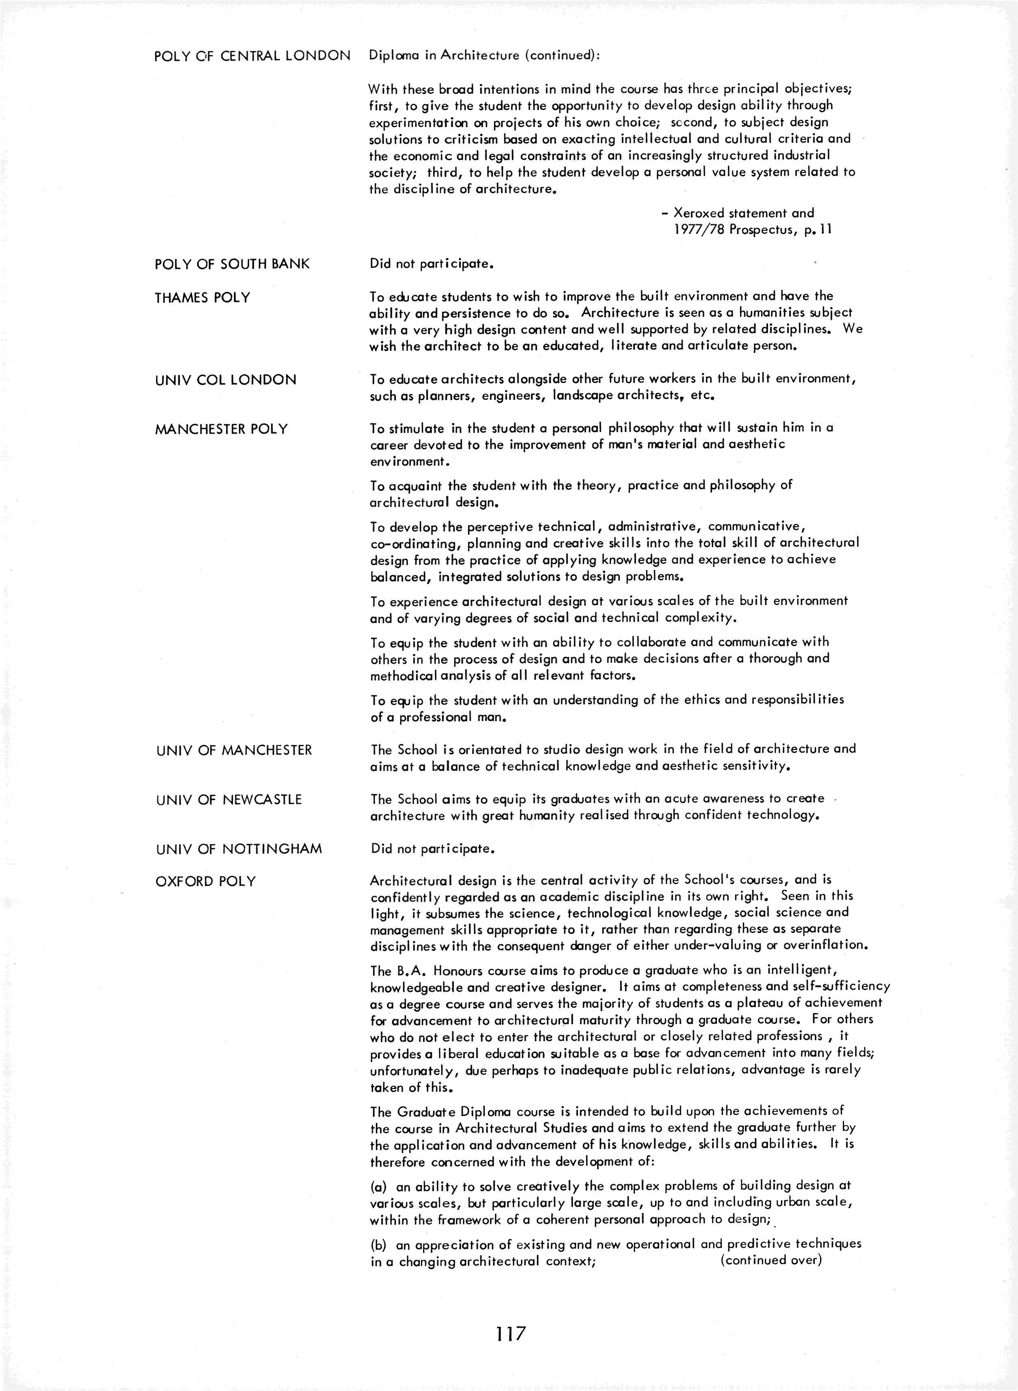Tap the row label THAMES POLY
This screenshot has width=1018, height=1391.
203,297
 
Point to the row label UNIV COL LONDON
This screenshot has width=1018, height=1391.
226,380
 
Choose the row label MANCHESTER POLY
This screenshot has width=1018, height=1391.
221,429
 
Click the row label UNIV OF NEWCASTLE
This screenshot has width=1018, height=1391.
229,800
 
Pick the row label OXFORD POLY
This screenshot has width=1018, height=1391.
206,881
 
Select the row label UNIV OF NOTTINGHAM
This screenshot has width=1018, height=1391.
239,849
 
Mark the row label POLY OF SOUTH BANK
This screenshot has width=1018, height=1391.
232,264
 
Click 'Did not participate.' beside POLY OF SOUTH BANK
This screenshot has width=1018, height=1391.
432,264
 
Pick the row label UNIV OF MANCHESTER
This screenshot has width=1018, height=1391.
234,750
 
